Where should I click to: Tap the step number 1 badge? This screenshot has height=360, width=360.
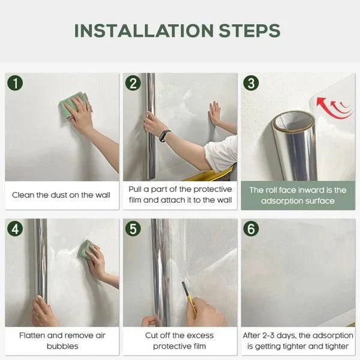coord(15,83)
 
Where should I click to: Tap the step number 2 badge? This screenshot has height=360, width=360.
coord(133,83)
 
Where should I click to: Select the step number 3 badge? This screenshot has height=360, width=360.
coord(251,83)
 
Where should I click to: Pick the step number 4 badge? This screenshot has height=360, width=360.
coord(15,228)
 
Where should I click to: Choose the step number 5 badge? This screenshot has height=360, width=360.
coord(133,228)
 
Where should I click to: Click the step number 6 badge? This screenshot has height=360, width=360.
coord(251,228)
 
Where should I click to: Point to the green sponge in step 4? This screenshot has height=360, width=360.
coord(86,249)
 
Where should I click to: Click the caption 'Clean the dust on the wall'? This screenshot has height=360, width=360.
coord(61,195)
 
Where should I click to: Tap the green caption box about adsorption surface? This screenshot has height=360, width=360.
coord(298,195)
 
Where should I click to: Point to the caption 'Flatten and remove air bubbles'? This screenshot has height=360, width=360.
coord(61,341)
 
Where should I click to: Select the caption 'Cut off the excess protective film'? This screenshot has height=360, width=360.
coord(179,341)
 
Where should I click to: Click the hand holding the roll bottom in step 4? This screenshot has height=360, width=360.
coord(44,313)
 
